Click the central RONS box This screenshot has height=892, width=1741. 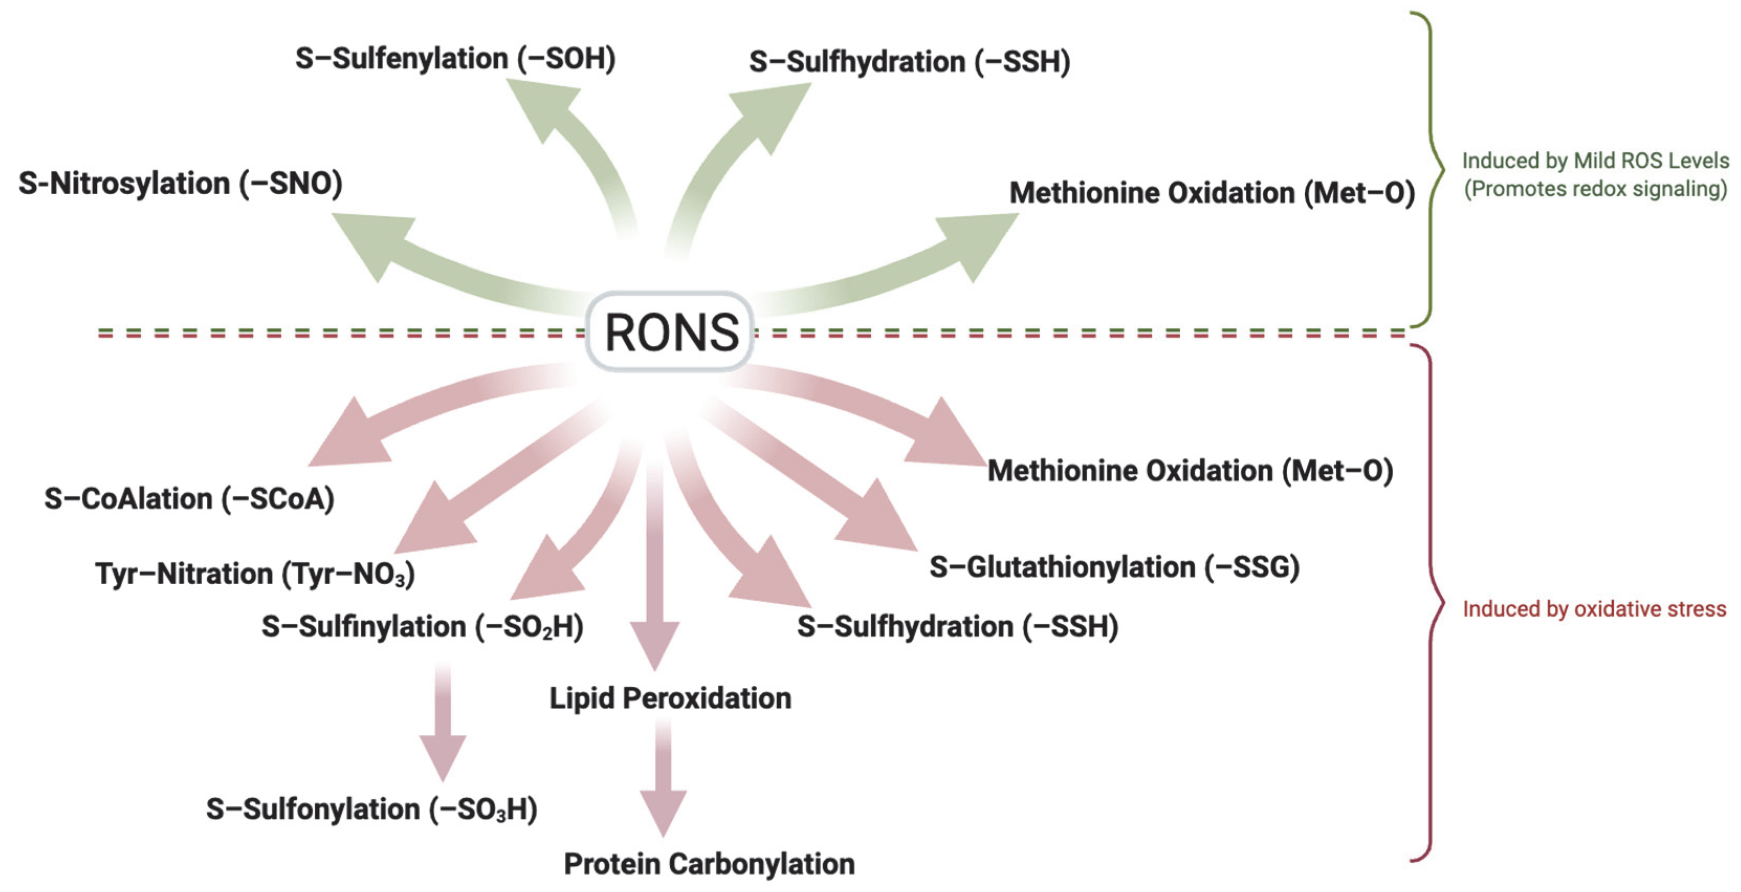[670, 332]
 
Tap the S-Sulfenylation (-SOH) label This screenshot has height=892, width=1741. [455, 59]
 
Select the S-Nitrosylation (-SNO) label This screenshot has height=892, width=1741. [181, 184]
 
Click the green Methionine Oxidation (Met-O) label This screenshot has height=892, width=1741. [1211, 193]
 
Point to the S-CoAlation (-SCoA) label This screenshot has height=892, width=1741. [189, 499]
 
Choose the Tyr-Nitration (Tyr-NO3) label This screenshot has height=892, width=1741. [255, 574]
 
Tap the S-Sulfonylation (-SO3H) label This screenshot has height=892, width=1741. [372, 809]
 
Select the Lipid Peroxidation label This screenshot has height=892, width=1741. [670, 698]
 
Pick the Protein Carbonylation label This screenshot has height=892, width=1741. [709, 864]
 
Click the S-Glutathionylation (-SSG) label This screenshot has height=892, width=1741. [1114, 567]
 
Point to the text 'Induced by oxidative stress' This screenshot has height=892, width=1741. [1594, 609]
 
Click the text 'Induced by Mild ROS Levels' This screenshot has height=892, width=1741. [1595, 161]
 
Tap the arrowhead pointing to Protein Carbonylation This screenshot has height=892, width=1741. [664, 811]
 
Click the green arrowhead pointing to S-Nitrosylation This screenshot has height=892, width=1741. [372, 240]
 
